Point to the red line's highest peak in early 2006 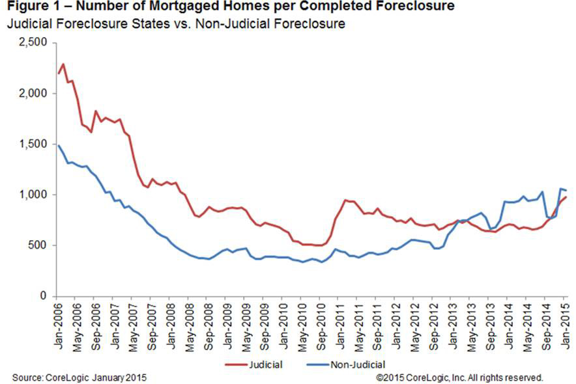point(63,64)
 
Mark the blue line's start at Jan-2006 point(58,144)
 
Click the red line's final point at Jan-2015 point(566,197)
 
